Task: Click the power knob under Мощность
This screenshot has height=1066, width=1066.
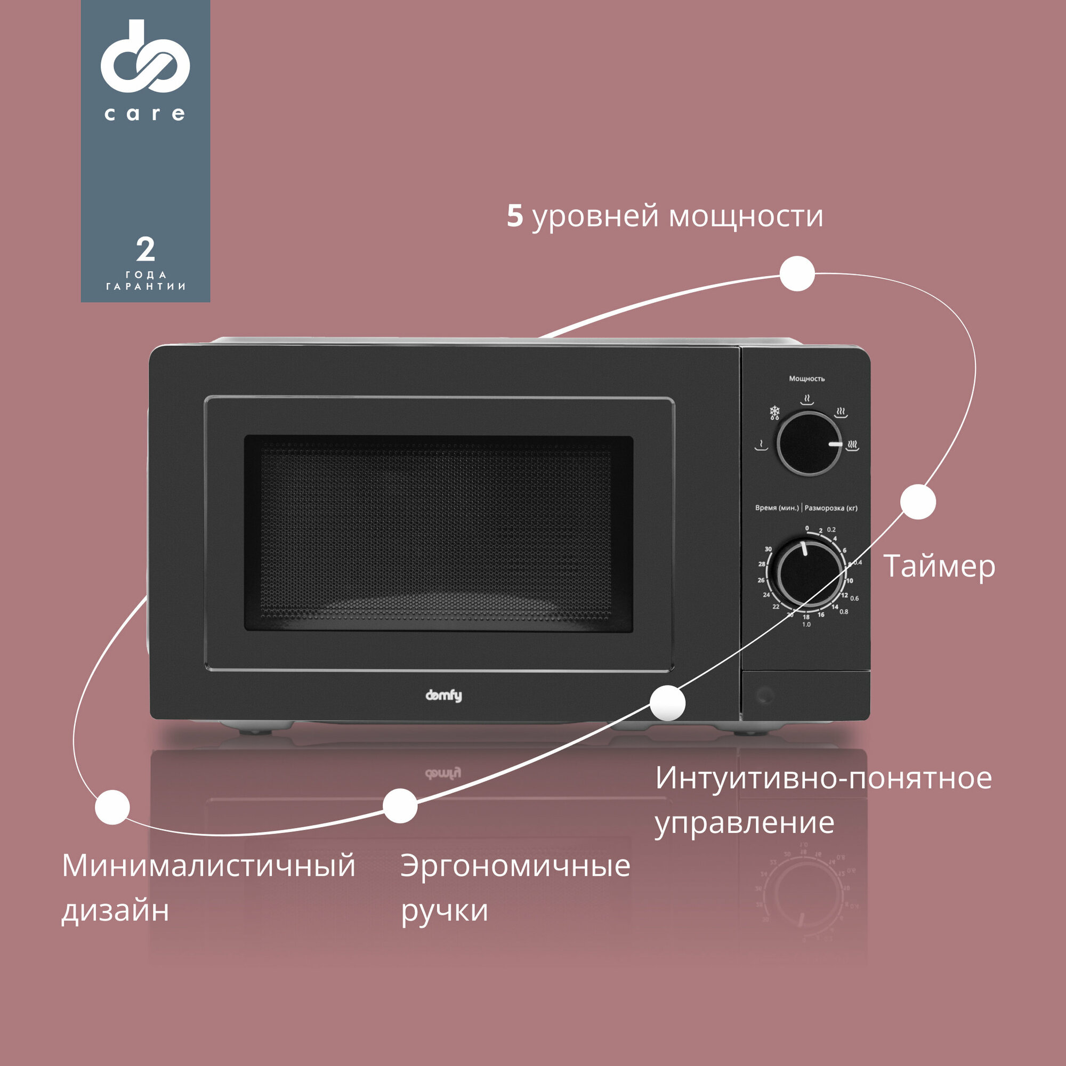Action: [809, 443]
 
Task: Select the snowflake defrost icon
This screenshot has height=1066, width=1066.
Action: [775, 413]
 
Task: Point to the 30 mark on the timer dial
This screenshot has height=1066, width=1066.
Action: [768, 549]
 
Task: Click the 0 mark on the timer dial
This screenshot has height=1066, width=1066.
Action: [806, 528]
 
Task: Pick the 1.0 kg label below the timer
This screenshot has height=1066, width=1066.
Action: [806, 625]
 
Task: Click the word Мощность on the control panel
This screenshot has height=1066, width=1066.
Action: [806, 378]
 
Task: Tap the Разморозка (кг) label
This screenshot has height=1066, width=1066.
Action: [831, 507]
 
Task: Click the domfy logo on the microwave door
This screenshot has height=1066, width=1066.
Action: [443, 696]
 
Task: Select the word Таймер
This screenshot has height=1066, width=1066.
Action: [939, 567]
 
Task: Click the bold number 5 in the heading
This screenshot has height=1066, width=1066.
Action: [514, 216]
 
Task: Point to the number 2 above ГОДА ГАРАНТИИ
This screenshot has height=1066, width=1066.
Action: [145, 250]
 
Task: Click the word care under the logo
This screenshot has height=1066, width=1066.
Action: [144, 114]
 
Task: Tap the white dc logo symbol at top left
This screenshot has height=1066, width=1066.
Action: [145, 57]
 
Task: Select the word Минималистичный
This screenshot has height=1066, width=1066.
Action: [208, 866]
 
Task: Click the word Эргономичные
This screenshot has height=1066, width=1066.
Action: [515, 866]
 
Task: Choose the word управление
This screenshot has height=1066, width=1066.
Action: [744, 822]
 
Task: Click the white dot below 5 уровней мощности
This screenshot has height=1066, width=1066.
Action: [797, 273]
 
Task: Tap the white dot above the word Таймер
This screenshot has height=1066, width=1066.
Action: [918, 502]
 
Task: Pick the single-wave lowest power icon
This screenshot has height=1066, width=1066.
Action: [762, 445]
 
